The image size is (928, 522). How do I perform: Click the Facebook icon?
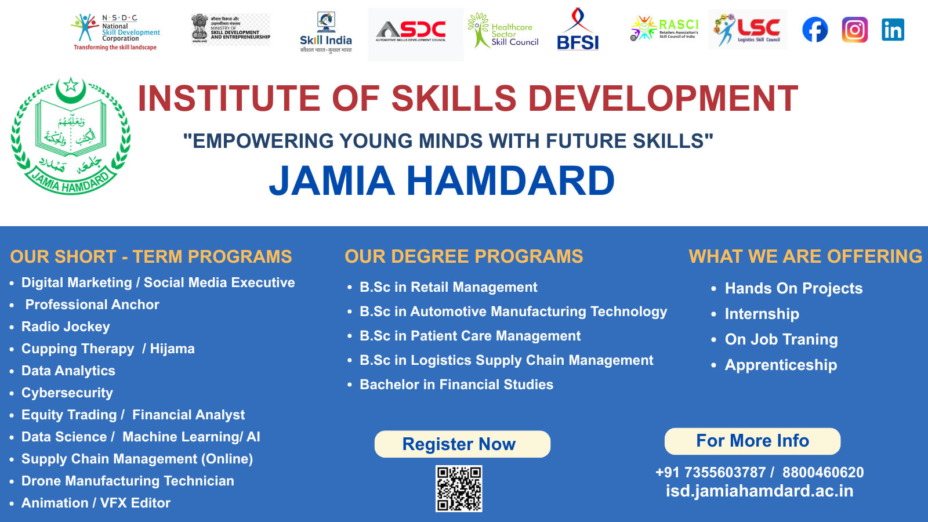815,30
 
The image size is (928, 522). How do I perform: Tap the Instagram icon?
854,30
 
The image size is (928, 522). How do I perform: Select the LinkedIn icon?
893,30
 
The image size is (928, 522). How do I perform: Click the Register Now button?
462,444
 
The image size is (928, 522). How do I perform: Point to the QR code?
459,488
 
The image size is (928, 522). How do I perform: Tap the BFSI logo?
578,30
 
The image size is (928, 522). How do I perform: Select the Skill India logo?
325,32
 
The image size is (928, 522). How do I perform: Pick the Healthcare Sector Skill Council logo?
503,31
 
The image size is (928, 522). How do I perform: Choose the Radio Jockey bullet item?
66,327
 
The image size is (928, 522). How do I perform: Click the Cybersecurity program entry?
67,393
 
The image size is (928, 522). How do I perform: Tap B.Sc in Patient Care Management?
470,336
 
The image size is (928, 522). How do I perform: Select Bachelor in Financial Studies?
456,385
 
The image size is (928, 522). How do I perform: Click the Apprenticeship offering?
781,365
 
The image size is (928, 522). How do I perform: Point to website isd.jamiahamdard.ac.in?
759,491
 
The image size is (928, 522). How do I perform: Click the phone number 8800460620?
823,472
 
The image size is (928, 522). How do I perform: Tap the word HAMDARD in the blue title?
510,181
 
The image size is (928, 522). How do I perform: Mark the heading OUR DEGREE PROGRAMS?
464,256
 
